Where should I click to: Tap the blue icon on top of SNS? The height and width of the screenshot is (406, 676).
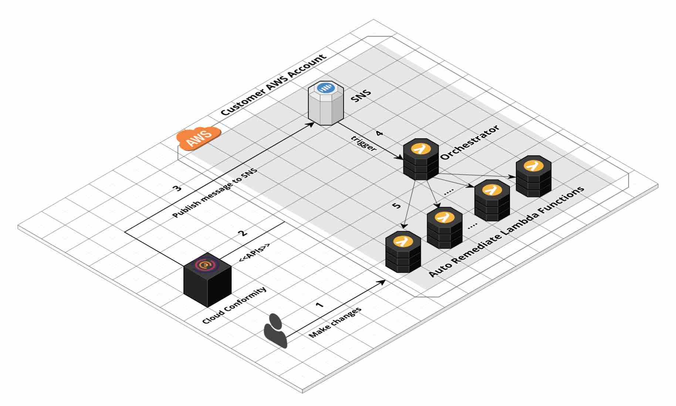pyautogui.click(x=326, y=88)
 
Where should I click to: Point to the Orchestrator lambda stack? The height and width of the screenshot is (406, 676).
pyautogui.click(x=421, y=159)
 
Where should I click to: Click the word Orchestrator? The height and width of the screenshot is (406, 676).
pyautogui.click(x=470, y=142)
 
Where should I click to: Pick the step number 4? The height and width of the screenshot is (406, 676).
pyautogui.click(x=379, y=133)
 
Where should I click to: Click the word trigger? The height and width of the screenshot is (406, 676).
pyautogui.click(x=364, y=144)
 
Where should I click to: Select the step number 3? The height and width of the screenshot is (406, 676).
pyautogui.click(x=178, y=188)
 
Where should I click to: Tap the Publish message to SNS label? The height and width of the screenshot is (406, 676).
pyautogui.click(x=215, y=193)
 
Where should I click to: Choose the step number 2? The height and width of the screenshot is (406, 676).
pyautogui.click(x=243, y=233)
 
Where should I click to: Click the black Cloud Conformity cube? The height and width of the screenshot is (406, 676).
pyautogui.click(x=207, y=280)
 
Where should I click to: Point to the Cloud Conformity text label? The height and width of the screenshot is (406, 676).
pyautogui.click(x=234, y=305)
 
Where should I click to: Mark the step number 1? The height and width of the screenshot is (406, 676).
pyautogui.click(x=320, y=305)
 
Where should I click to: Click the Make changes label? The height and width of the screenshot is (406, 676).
pyautogui.click(x=335, y=323)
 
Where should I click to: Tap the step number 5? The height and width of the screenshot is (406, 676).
pyautogui.click(x=396, y=205)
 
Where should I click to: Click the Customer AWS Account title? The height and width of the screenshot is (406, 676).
pyautogui.click(x=274, y=85)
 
